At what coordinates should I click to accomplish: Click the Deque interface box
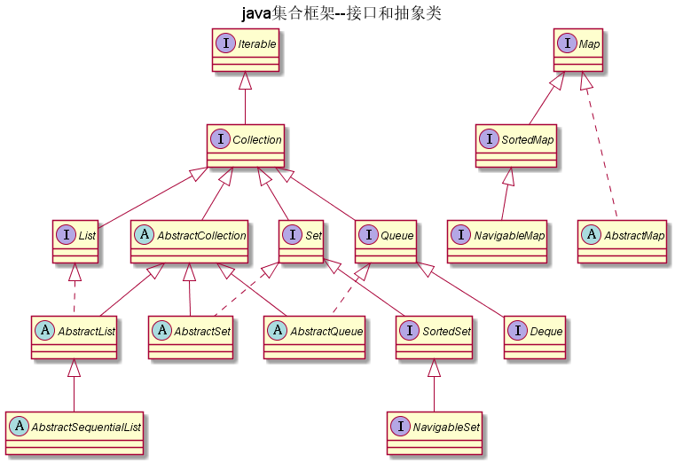pyautogui.click(x=534, y=338)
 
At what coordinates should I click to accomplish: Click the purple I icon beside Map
pyautogui.click(x=565, y=43)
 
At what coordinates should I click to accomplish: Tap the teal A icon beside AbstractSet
pyautogui.click(x=162, y=332)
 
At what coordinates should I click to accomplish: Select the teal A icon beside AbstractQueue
pyautogui.click(x=278, y=332)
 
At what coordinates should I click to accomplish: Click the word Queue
pyautogui.click(x=396, y=235)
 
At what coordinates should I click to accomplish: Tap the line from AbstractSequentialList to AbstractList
pyautogui.click(x=75, y=386)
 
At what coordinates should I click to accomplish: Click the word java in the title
pyautogui.click(x=255, y=13)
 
